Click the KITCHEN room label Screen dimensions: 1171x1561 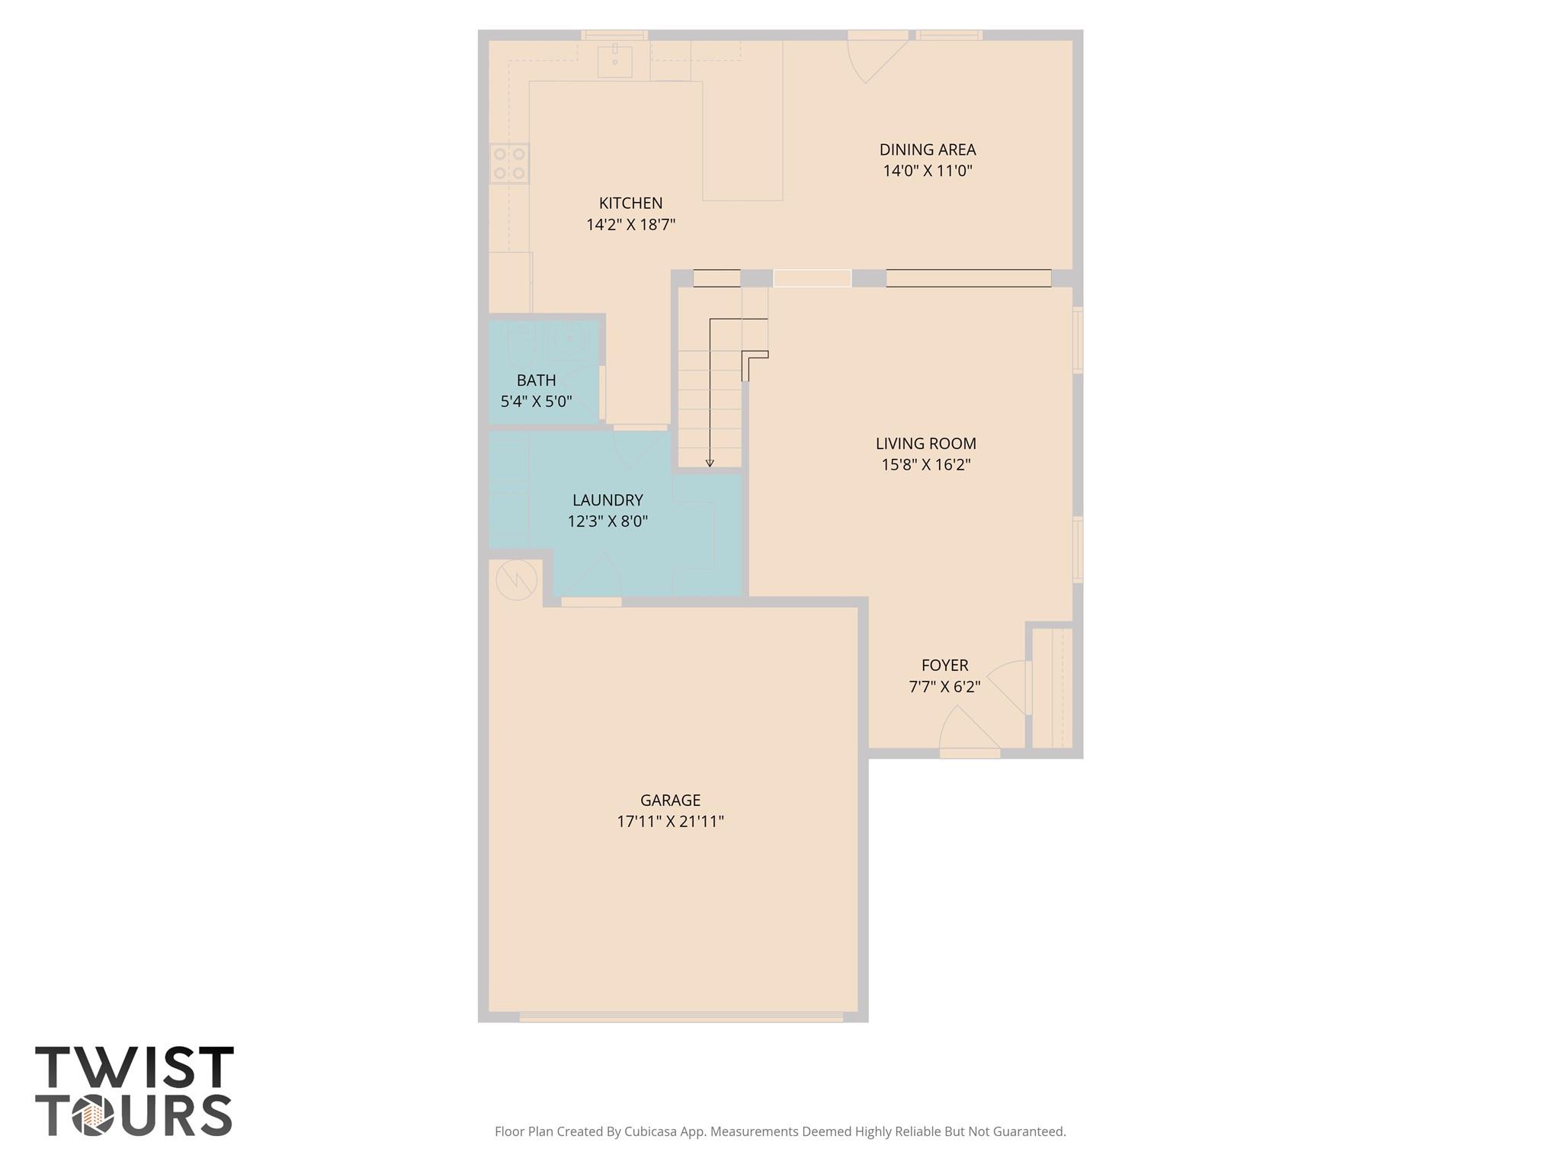click(630, 204)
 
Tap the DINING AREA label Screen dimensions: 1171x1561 click(927, 150)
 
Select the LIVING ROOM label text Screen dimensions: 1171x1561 click(925, 444)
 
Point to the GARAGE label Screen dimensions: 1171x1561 click(670, 800)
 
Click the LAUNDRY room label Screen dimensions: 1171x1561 click(607, 500)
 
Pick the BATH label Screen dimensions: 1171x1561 click(536, 380)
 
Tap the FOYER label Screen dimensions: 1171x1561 click(944, 666)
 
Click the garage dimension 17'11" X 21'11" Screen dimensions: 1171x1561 click(670, 822)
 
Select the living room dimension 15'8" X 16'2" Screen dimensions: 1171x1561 click(925, 465)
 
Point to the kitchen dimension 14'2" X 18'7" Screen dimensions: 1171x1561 click(630, 225)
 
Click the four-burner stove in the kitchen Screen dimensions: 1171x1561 click(508, 163)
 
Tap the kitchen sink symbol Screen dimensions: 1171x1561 click(614, 61)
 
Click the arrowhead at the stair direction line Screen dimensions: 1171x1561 click(710, 463)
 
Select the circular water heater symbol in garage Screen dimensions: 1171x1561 click(516, 580)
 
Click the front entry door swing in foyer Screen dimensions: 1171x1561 click(966, 730)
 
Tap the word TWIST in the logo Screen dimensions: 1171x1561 click(134, 1068)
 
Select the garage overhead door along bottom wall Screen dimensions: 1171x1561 click(681, 1017)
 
